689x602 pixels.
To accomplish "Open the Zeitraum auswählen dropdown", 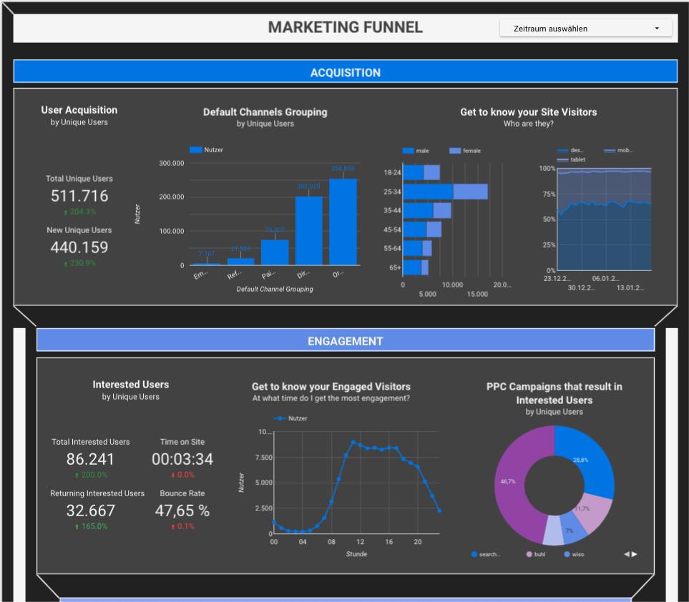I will pos(585,29).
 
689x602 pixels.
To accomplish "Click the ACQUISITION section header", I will pos(345,72).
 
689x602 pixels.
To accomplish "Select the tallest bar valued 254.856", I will pos(343,222).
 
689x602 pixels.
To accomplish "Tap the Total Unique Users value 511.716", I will pos(79,196).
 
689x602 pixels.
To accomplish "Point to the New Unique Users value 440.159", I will pos(79,247).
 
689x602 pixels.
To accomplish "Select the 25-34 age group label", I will pos(392,192).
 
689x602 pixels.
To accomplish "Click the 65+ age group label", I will pos(394,267).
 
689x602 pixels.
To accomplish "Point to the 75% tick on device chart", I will pos(547,194).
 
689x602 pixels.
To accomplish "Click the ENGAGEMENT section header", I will pos(345,341).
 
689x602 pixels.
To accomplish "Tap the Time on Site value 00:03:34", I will pos(182,459).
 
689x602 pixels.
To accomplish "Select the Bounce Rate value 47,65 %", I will pos(182,510).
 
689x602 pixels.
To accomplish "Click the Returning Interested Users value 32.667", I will pos(91,510).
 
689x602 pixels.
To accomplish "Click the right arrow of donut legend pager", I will pos(635,554).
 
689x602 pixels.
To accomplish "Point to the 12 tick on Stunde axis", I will pos(361,542).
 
